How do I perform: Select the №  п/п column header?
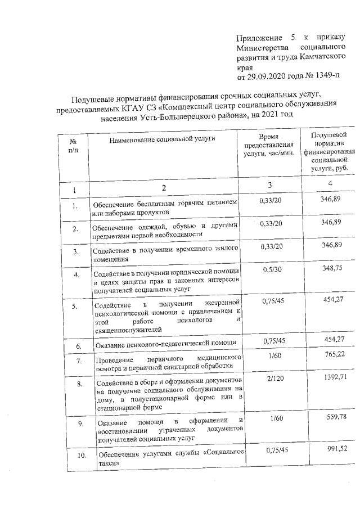pos(73,161)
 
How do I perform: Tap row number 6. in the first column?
pos(79,345)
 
